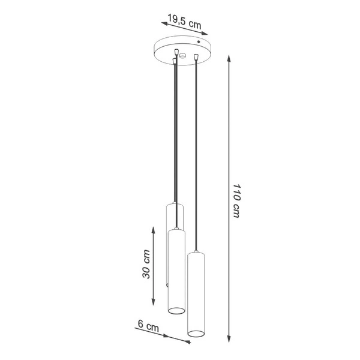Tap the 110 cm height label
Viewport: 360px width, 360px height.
(236, 201)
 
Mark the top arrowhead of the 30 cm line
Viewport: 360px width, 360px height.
(155, 227)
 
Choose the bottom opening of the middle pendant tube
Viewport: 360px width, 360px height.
(176, 310)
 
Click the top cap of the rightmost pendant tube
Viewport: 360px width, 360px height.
(197, 254)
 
